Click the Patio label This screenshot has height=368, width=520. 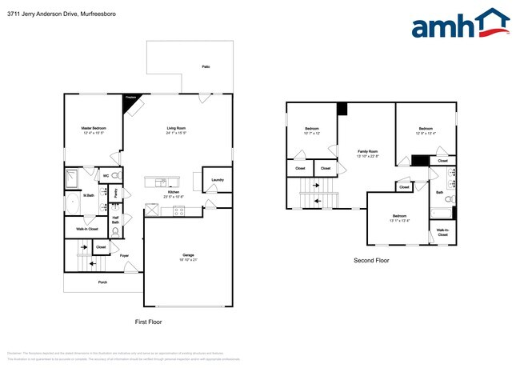tap(206, 66)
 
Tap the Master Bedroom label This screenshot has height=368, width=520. tap(94, 128)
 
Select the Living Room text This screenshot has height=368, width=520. tap(176, 128)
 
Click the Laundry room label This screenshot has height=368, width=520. tap(217, 180)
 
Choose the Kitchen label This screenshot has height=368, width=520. tap(174, 192)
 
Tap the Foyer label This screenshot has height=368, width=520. tap(125, 256)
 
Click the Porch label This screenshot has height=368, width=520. tap(102, 282)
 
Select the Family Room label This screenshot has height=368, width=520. tap(367, 151)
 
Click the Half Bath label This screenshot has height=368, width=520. tap(116, 221)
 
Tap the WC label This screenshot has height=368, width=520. tap(106, 175)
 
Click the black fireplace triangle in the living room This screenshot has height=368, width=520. tap(130, 99)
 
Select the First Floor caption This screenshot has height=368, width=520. tap(148, 322)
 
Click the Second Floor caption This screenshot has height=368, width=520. tap(371, 261)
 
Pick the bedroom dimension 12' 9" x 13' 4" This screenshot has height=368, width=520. tap(426, 133)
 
